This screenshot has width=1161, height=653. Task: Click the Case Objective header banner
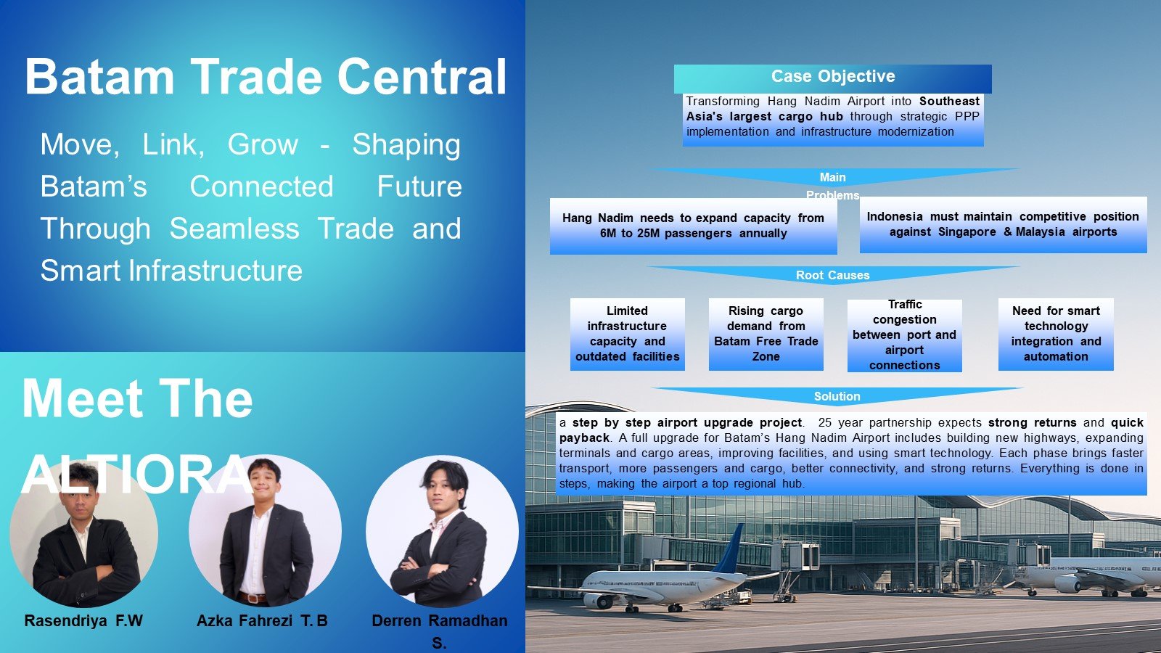coord(832,79)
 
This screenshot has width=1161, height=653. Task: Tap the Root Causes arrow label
coord(832,275)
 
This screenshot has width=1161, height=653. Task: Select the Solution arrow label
coord(837,396)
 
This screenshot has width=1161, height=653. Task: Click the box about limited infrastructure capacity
coord(627,334)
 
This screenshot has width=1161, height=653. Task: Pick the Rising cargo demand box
coord(766,334)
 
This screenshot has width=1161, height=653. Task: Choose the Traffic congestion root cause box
coord(904,335)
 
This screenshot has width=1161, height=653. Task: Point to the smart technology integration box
coord(1056,334)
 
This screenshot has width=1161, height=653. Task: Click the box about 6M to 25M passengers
coord(693,226)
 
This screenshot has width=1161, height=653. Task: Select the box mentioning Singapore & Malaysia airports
coord(1003,224)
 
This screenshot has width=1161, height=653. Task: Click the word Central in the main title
coord(422,77)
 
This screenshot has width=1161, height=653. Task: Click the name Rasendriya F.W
coord(83,621)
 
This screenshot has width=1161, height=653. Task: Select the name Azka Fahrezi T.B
coord(262,621)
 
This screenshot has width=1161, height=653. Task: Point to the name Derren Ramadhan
coord(440,621)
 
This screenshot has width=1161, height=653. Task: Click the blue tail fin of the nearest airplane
coord(730,549)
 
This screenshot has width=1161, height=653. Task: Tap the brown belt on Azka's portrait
coord(253,598)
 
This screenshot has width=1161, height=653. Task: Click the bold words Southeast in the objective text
coord(950,101)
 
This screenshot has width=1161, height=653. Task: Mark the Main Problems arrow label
coord(832,186)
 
